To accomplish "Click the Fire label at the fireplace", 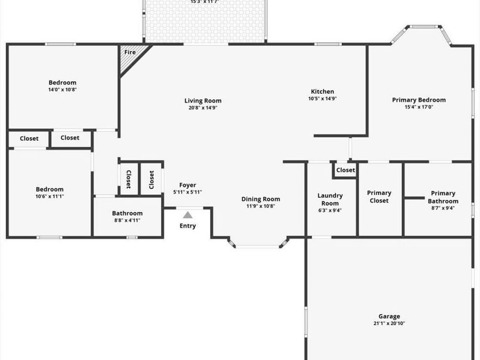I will (x=130, y=52).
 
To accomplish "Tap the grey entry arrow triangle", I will (x=188, y=215).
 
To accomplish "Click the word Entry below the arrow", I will (x=188, y=226).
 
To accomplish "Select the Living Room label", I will (x=203, y=101).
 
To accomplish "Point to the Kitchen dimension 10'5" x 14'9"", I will (x=322, y=99).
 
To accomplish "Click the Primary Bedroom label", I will (x=419, y=100).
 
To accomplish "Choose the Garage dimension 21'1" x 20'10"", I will (x=389, y=323).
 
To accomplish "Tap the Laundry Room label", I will (x=330, y=199).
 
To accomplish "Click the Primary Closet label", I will (x=379, y=197).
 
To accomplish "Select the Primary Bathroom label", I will (x=443, y=197).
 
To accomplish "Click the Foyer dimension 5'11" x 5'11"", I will (x=188, y=193).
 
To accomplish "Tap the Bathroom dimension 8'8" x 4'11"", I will (x=127, y=220).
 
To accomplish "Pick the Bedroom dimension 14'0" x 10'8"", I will (x=62, y=90).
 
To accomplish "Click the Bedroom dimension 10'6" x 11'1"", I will (x=50, y=196).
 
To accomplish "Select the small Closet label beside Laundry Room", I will (x=346, y=170).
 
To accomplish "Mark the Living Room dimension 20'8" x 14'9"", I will (x=203, y=108).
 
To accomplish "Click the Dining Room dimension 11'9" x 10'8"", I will (x=261, y=206).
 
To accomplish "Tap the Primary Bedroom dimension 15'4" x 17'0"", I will (x=419, y=107).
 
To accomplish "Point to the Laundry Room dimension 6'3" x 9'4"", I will (x=330, y=210).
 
